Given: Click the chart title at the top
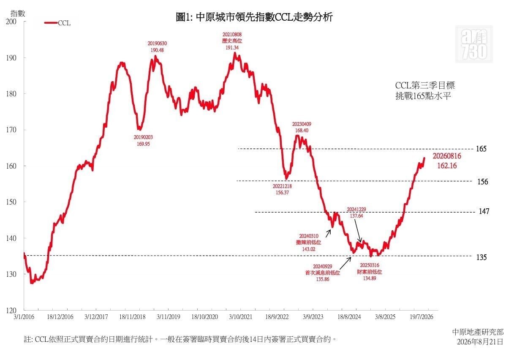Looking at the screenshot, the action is [x=254, y=17].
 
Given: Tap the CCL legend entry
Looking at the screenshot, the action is [x=57, y=23].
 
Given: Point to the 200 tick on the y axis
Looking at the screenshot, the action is [x=11, y=22].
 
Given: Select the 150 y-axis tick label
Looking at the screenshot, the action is [x=11, y=202].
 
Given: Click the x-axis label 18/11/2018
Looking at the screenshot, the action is [x=132, y=317].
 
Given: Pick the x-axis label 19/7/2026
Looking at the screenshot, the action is [x=422, y=317].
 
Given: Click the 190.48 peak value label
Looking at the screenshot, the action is [x=157, y=50].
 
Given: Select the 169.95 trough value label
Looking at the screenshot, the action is [x=143, y=144].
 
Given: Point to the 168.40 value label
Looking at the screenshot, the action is [x=302, y=131].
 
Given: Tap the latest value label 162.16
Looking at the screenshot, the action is [x=447, y=166].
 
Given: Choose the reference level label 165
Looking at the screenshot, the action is [x=481, y=149].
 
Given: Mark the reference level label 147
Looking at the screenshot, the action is [x=484, y=211].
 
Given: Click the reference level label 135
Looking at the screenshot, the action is [x=481, y=257].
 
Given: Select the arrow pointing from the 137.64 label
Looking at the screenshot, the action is [x=358, y=231].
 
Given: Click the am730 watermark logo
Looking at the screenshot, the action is [x=474, y=44].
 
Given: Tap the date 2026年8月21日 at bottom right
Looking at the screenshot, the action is [x=480, y=342].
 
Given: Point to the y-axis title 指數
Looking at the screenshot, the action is [x=18, y=14].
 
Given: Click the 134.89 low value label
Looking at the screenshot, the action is [x=370, y=278].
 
